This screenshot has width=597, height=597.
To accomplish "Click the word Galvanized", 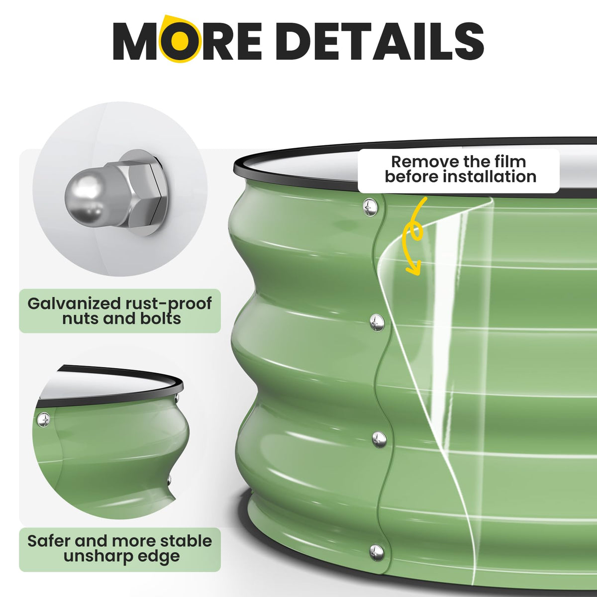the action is coord(74,303).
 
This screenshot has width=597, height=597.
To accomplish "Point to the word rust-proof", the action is coord(169,304).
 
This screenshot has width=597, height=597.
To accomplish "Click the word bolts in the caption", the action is coord(161,319).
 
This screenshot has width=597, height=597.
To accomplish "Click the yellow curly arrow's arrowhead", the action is coord(413,269).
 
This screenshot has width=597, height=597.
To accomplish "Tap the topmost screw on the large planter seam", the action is coord(371,206).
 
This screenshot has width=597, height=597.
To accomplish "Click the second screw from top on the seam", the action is coord(377,322).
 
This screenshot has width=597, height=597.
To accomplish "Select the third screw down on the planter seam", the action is coord(379,439).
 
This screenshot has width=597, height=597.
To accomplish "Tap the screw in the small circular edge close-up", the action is coord(44,419).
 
